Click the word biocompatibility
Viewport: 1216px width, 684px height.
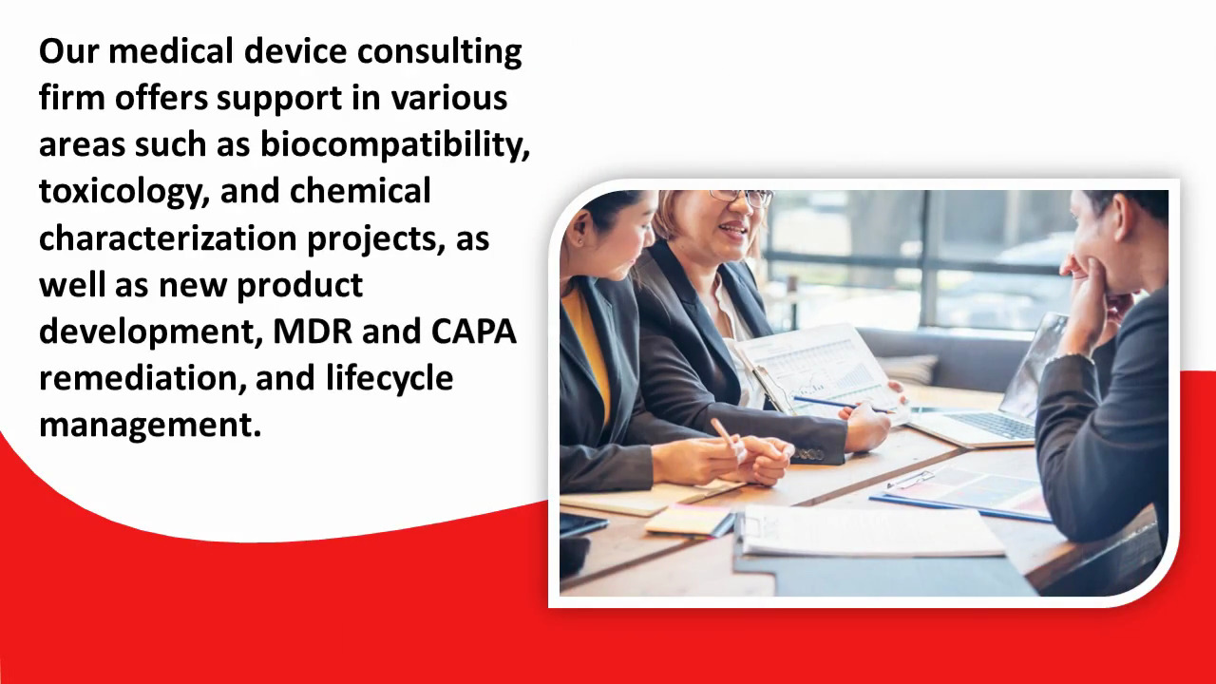coord(394,145)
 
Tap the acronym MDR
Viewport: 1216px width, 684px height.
coord(313,332)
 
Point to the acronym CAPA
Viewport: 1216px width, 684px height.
coord(473,332)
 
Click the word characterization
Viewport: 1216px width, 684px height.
coord(168,237)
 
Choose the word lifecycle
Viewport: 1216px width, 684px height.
coord(389,379)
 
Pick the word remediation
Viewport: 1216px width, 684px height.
coord(139,378)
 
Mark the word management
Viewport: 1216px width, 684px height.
coord(150,426)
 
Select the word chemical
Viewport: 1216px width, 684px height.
coord(360,191)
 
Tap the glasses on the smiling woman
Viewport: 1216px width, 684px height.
coord(742,197)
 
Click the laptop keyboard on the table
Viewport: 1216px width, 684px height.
coord(991,425)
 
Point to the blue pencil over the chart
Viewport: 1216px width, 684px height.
coord(842,405)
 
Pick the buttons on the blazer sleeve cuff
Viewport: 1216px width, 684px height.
coord(808,454)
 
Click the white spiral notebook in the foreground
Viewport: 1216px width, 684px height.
coord(868,531)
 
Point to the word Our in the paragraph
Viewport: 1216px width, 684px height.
coord(69,51)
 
